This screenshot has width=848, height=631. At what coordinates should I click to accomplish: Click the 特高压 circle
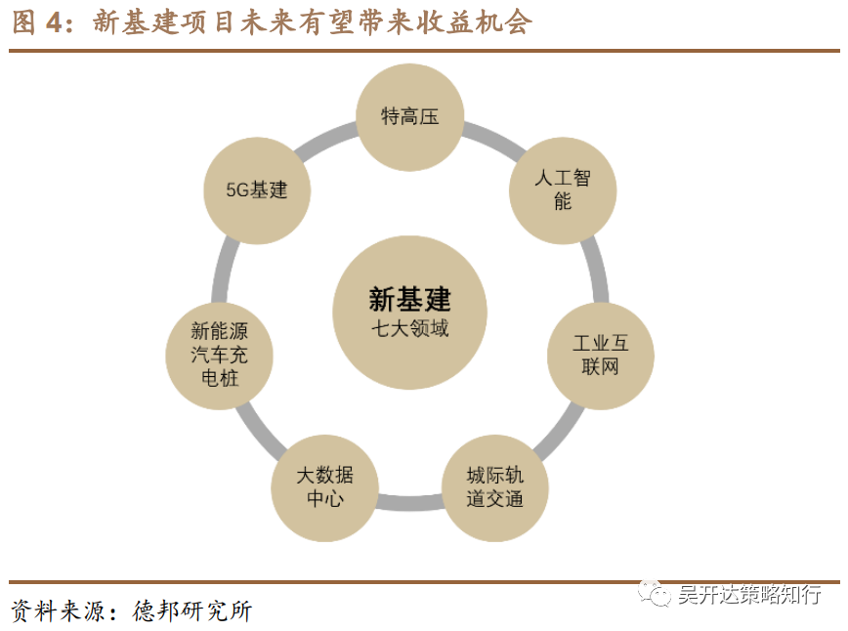tap(409, 117)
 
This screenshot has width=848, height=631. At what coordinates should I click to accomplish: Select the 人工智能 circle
tap(562, 189)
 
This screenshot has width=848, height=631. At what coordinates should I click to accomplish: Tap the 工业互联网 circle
tap(599, 355)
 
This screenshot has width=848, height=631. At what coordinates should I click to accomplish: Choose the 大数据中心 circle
tap(325, 486)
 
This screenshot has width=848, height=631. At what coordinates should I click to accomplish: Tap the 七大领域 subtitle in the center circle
tap(409, 328)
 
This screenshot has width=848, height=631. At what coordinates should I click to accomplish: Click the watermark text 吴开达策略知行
tap(749, 595)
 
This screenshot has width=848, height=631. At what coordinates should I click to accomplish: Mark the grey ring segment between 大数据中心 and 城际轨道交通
tap(410, 504)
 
